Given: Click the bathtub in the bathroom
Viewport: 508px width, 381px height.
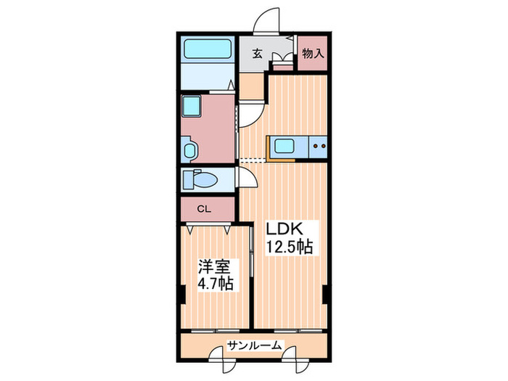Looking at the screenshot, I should [208, 49].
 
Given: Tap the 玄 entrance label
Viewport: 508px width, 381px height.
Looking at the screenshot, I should [258, 53].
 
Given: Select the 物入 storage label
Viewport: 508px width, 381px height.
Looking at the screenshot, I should [312, 53].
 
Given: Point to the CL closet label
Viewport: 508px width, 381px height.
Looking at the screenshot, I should [205, 209].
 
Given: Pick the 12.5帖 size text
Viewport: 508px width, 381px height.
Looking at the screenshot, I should [288, 247].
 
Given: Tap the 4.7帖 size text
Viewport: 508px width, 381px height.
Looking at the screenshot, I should [215, 284].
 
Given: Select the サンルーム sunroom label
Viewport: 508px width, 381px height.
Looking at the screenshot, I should [254, 345].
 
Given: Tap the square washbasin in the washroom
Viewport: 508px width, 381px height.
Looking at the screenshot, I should [191, 106].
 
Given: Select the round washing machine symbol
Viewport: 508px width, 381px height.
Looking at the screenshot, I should [189, 150].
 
